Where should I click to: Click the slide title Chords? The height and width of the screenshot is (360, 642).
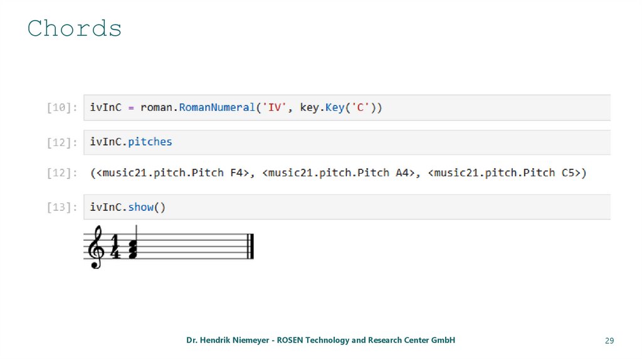[x=75, y=29]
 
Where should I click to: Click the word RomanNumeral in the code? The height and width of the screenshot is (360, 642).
[x=217, y=107]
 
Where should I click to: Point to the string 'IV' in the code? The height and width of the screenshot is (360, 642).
[x=274, y=107]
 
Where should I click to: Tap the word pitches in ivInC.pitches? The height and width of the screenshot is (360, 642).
[x=150, y=142]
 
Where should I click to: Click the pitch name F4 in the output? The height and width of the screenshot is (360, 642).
[x=236, y=172]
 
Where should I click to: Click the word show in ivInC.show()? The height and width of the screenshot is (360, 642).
[x=140, y=207]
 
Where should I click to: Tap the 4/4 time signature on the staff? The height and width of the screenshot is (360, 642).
[x=115, y=247]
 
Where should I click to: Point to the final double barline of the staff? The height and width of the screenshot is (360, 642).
[x=250, y=246]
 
